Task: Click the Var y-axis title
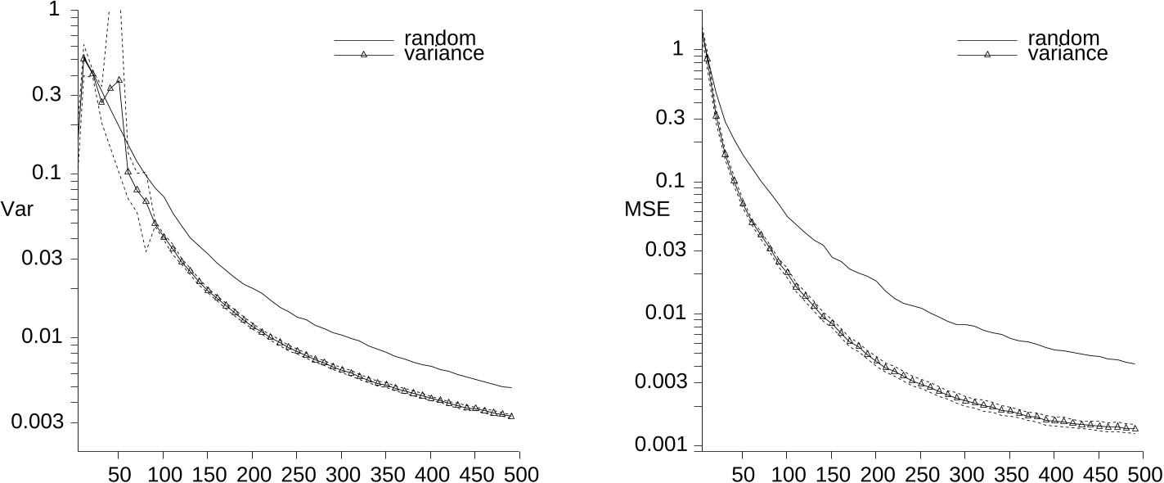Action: (17, 209)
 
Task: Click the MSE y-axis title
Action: (647, 209)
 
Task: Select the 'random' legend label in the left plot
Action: (440, 38)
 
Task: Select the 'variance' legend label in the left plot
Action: (444, 54)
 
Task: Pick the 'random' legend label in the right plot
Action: (1063, 38)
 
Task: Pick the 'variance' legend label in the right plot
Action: (1067, 54)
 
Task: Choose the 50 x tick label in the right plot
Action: (743, 474)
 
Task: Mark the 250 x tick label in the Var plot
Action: (296, 474)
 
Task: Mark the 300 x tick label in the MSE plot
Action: (965, 474)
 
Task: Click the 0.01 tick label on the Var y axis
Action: (40, 337)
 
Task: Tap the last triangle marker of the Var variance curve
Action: (511, 416)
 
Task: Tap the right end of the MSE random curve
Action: (1135, 363)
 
